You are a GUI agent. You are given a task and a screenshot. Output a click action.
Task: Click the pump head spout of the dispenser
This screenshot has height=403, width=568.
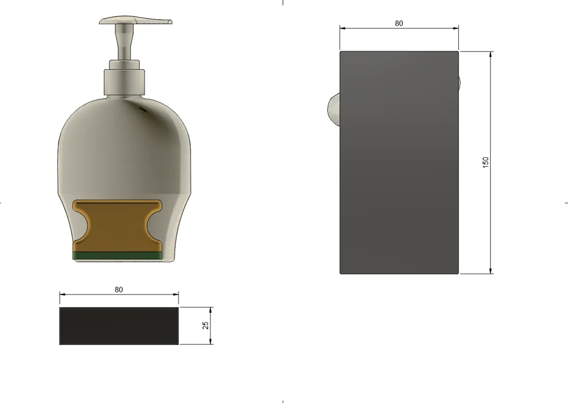[135, 20]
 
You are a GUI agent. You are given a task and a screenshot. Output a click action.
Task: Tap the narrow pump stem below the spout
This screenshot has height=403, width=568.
[124, 41]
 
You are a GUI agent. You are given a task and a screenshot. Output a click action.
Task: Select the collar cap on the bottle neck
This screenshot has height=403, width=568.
[124, 82]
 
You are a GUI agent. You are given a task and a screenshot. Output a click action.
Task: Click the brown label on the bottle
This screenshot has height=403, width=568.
[118, 226]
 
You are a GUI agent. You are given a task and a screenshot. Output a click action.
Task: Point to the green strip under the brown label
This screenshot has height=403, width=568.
[118, 256]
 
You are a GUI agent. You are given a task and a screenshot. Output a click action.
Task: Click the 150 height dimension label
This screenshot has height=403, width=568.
[486, 162]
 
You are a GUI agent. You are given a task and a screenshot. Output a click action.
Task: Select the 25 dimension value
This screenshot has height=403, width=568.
[206, 325]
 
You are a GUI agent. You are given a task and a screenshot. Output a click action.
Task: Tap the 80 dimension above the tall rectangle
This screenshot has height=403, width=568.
[399, 23]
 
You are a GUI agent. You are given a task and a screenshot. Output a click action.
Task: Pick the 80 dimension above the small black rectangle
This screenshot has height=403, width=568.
[119, 289]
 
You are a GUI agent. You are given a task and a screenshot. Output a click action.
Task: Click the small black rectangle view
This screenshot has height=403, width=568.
[119, 326]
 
